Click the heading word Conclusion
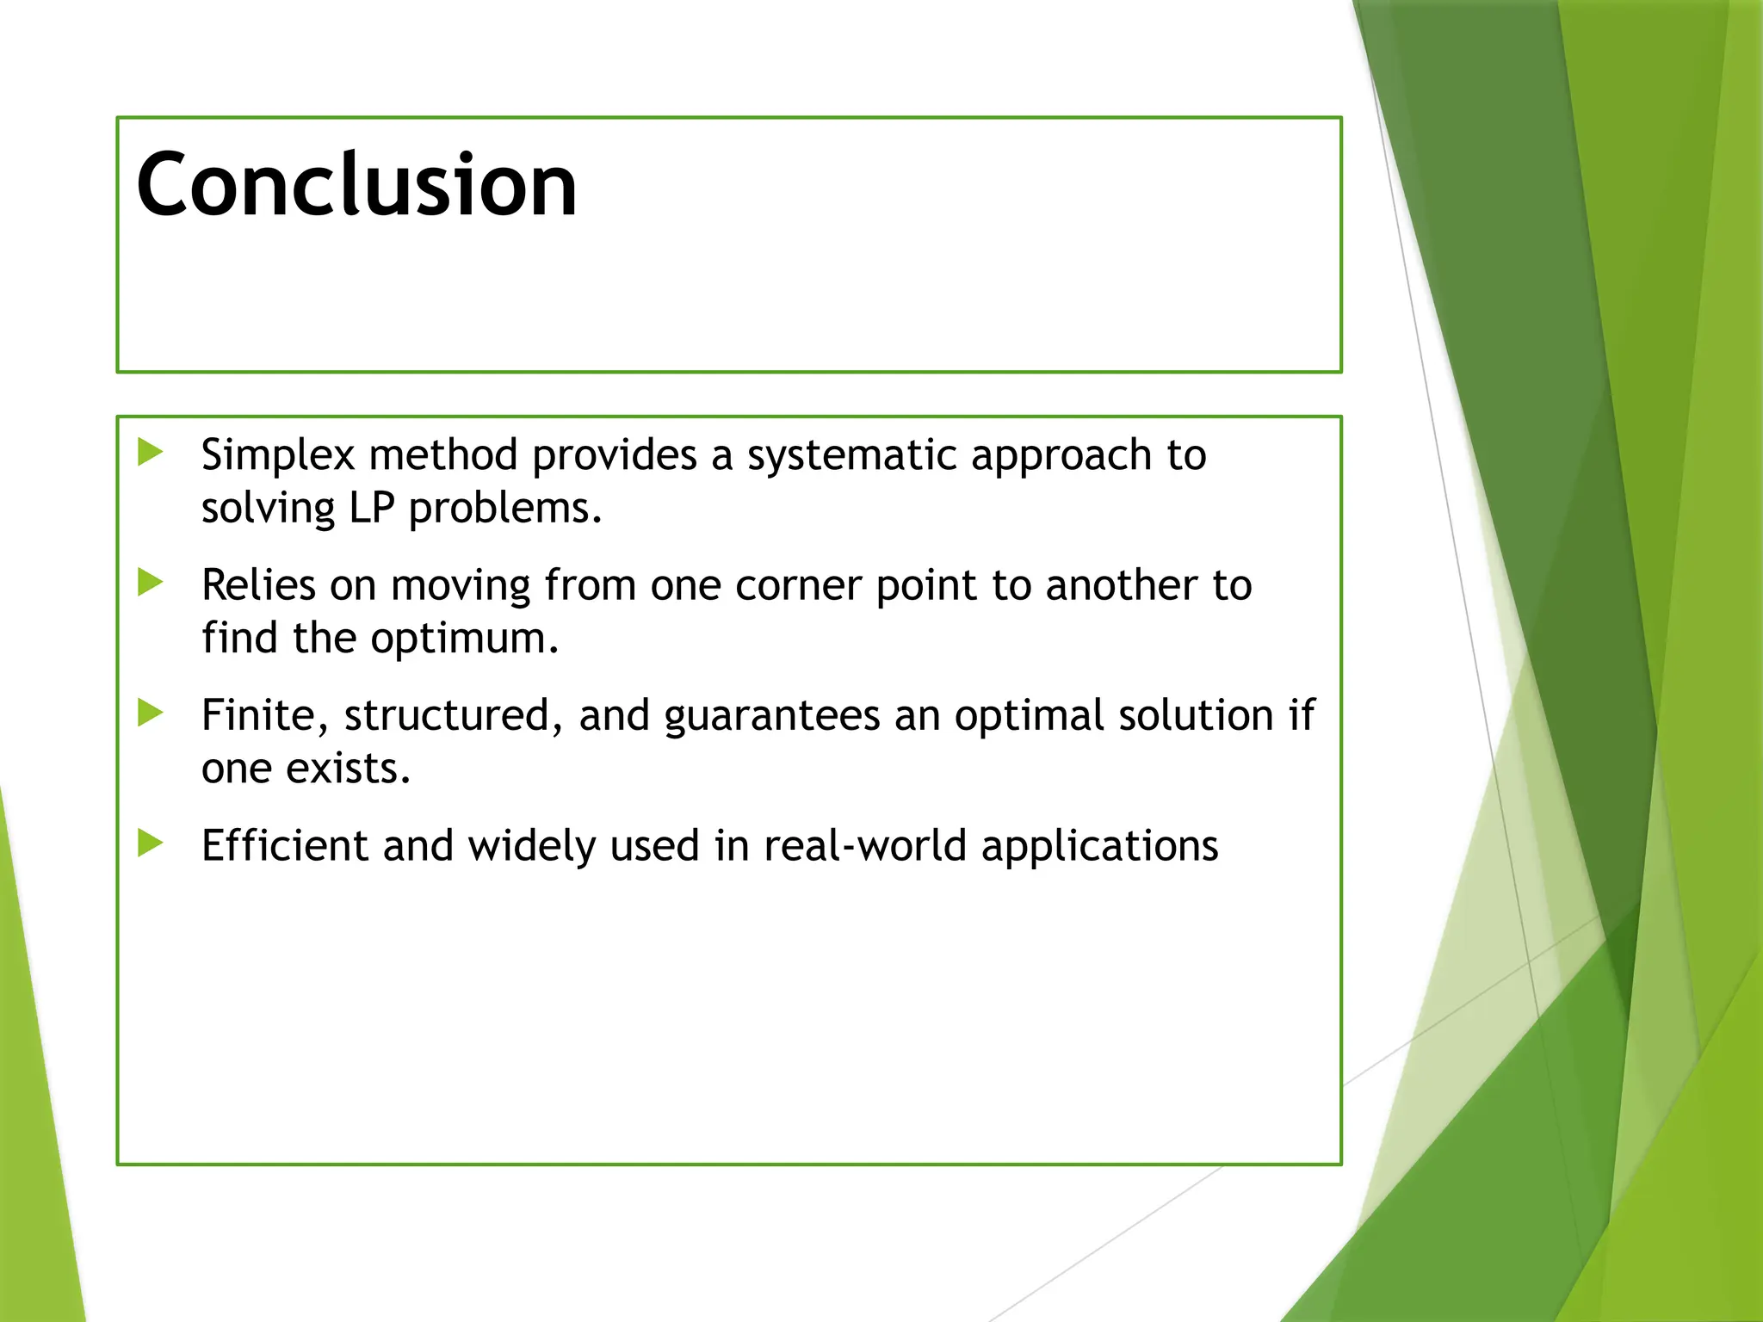click(x=356, y=184)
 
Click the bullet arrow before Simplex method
click(x=151, y=453)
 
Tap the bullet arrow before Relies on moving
click(x=151, y=583)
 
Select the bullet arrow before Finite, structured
click(x=151, y=713)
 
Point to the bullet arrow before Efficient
click(x=151, y=843)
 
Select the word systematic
click(x=851, y=455)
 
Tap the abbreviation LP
click(x=371, y=508)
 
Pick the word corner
click(x=798, y=586)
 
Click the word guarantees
click(x=771, y=716)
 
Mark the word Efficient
click(x=284, y=845)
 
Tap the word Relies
click(x=258, y=585)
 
